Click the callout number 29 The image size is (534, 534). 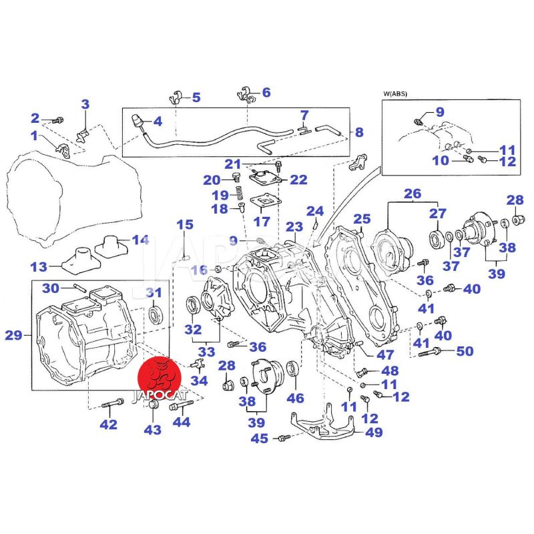[x=13, y=335]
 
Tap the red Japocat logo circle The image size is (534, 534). [x=160, y=380]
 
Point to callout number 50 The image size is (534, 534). [x=465, y=350]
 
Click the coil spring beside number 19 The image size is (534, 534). [x=235, y=195]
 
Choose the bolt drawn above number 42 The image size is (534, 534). [x=113, y=403]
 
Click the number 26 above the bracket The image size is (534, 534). [x=413, y=194]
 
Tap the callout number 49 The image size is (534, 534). [x=374, y=432]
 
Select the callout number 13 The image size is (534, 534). [x=39, y=267]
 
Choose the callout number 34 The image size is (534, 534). [x=199, y=381]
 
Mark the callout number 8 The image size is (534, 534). [x=358, y=132]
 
